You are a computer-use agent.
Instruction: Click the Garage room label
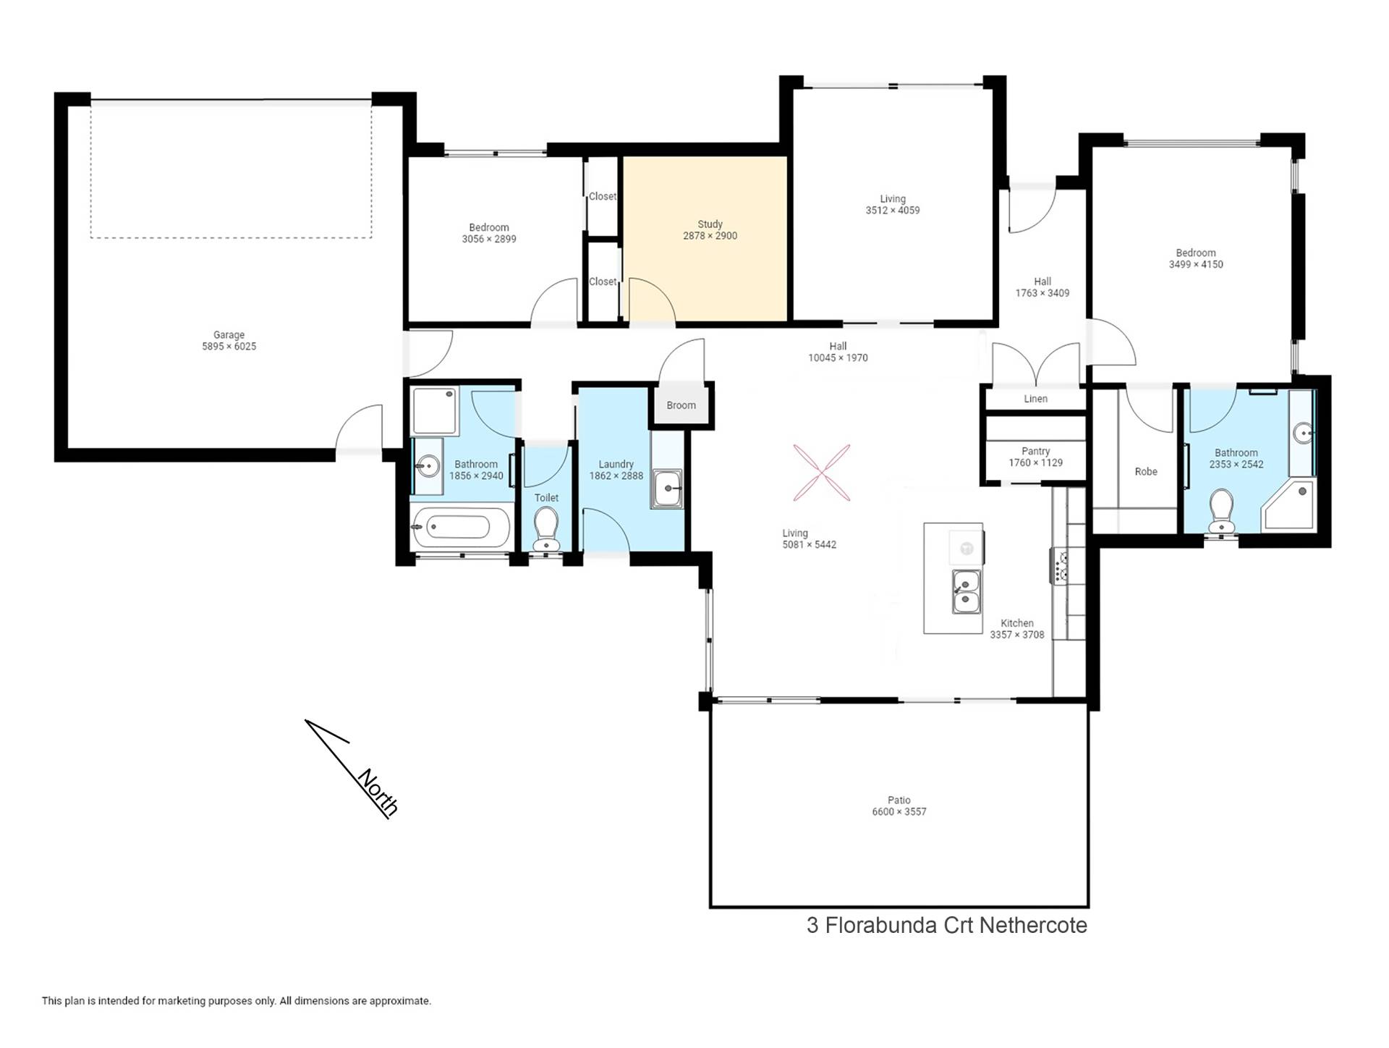(x=229, y=335)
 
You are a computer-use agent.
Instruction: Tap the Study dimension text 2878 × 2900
(x=710, y=236)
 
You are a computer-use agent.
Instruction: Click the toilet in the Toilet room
(x=546, y=529)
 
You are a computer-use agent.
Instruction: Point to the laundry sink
(x=666, y=489)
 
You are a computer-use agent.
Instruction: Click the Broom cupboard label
(x=681, y=405)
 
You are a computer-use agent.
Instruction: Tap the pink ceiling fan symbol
(x=821, y=473)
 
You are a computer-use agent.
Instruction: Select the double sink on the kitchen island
(x=966, y=591)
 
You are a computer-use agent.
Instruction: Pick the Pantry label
(x=1035, y=451)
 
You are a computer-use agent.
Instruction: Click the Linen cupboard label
(x=1035, y=399)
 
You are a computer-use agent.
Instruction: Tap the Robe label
(x=1146, y=472)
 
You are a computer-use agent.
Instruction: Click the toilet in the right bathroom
(x=1222, y=512)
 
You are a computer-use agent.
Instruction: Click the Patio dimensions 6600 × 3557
(x=899, y=812)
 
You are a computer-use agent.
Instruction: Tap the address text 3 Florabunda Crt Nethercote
(x=947, y=925)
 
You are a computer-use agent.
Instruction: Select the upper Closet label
(x=603, y=196)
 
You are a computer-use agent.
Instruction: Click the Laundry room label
(x=616, y=465)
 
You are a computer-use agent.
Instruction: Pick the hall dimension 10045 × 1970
(x=838, y=358)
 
